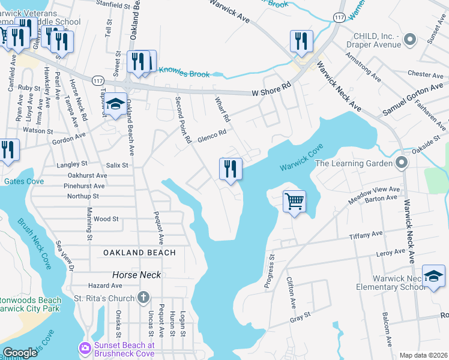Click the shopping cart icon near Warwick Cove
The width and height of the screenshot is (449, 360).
coord(294,202)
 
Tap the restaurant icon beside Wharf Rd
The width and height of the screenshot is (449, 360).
coord(230,169)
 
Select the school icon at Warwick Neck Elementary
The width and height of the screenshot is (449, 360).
coord(433,277)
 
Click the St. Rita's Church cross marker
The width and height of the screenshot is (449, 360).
coord(143,297)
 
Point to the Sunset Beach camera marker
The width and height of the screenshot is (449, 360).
coord(85,347)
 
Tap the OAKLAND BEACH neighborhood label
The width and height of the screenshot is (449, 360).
coord(139,253)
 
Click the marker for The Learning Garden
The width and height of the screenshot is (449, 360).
coord(402,163)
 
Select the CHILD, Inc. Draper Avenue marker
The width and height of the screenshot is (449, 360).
coord(410,40)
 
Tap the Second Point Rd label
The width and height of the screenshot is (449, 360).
coord(183,119)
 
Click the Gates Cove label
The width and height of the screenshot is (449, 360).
coord(22,181)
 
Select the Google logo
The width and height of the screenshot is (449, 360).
coord(20,353)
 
